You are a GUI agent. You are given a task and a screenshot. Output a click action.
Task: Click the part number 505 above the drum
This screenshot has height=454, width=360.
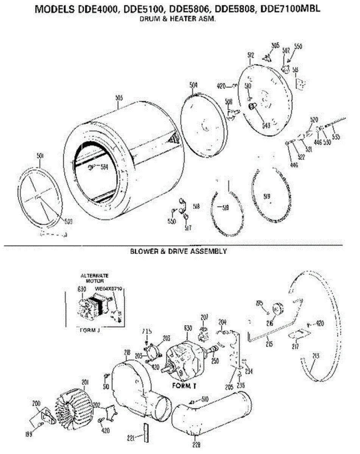[x=119, y=98]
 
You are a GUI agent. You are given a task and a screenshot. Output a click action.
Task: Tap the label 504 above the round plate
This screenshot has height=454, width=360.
[x=193, y=86]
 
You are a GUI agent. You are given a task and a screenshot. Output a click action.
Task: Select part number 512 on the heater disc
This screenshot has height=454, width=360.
[x=251, y=55]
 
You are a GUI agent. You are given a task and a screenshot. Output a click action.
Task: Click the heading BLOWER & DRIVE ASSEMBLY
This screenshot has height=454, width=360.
[x=178, y=251]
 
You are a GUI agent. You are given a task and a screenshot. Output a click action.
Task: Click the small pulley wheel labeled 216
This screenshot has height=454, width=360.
[x=278, y=309]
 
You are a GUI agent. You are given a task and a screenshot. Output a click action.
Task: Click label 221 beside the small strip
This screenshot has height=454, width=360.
[x=131, y=438]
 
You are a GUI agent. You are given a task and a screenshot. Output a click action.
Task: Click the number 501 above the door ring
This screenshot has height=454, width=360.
[x=40, y=155]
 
